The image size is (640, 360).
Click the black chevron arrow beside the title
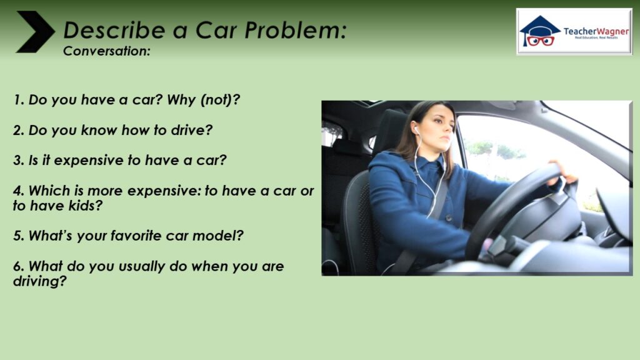pyautogui.click(x=36, y=31)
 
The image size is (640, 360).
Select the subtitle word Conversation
pyautogui.click(x=106, y=51)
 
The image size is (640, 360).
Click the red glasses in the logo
pyautogui.click(x=541, y=41)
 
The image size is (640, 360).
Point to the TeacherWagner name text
pyautogui.click(x=596, y=31)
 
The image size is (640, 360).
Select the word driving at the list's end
pyautogui.click(x=39, y=281)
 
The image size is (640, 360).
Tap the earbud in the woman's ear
pyautogui.click(x=417, y=130)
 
